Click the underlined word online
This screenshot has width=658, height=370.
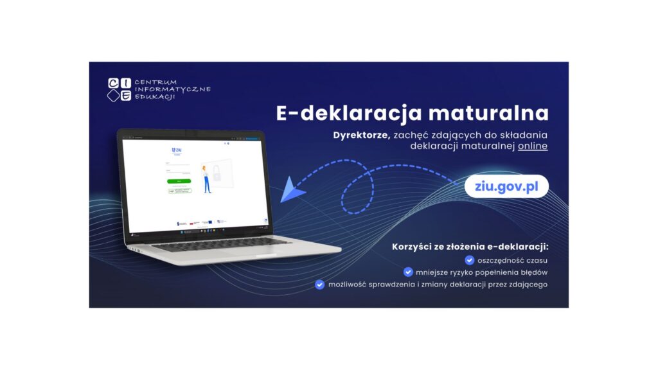(533, 146)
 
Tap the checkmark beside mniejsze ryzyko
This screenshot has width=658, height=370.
(408, 272)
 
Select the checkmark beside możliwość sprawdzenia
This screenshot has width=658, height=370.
(319, 284)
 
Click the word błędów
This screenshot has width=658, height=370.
(534, 272)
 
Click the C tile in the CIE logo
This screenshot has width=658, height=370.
(113, 82)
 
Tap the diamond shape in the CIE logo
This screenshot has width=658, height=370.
(113, 96)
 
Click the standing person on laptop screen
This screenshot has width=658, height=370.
(206, 179)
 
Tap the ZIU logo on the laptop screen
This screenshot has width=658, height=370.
(177, 150)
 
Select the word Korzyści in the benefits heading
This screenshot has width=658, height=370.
(412, 247)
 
